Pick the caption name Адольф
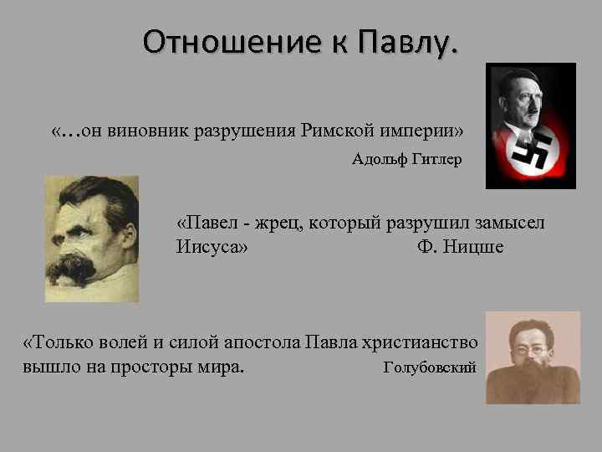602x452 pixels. (x=380, y=159)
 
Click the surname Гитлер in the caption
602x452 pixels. (x=436, y=159)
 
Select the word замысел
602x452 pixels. (x=507, y=223)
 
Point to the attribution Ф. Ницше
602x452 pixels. (x=460, y=247)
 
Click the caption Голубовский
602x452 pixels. (x=429, y=367)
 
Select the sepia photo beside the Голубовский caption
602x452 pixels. (x=533, y=357)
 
